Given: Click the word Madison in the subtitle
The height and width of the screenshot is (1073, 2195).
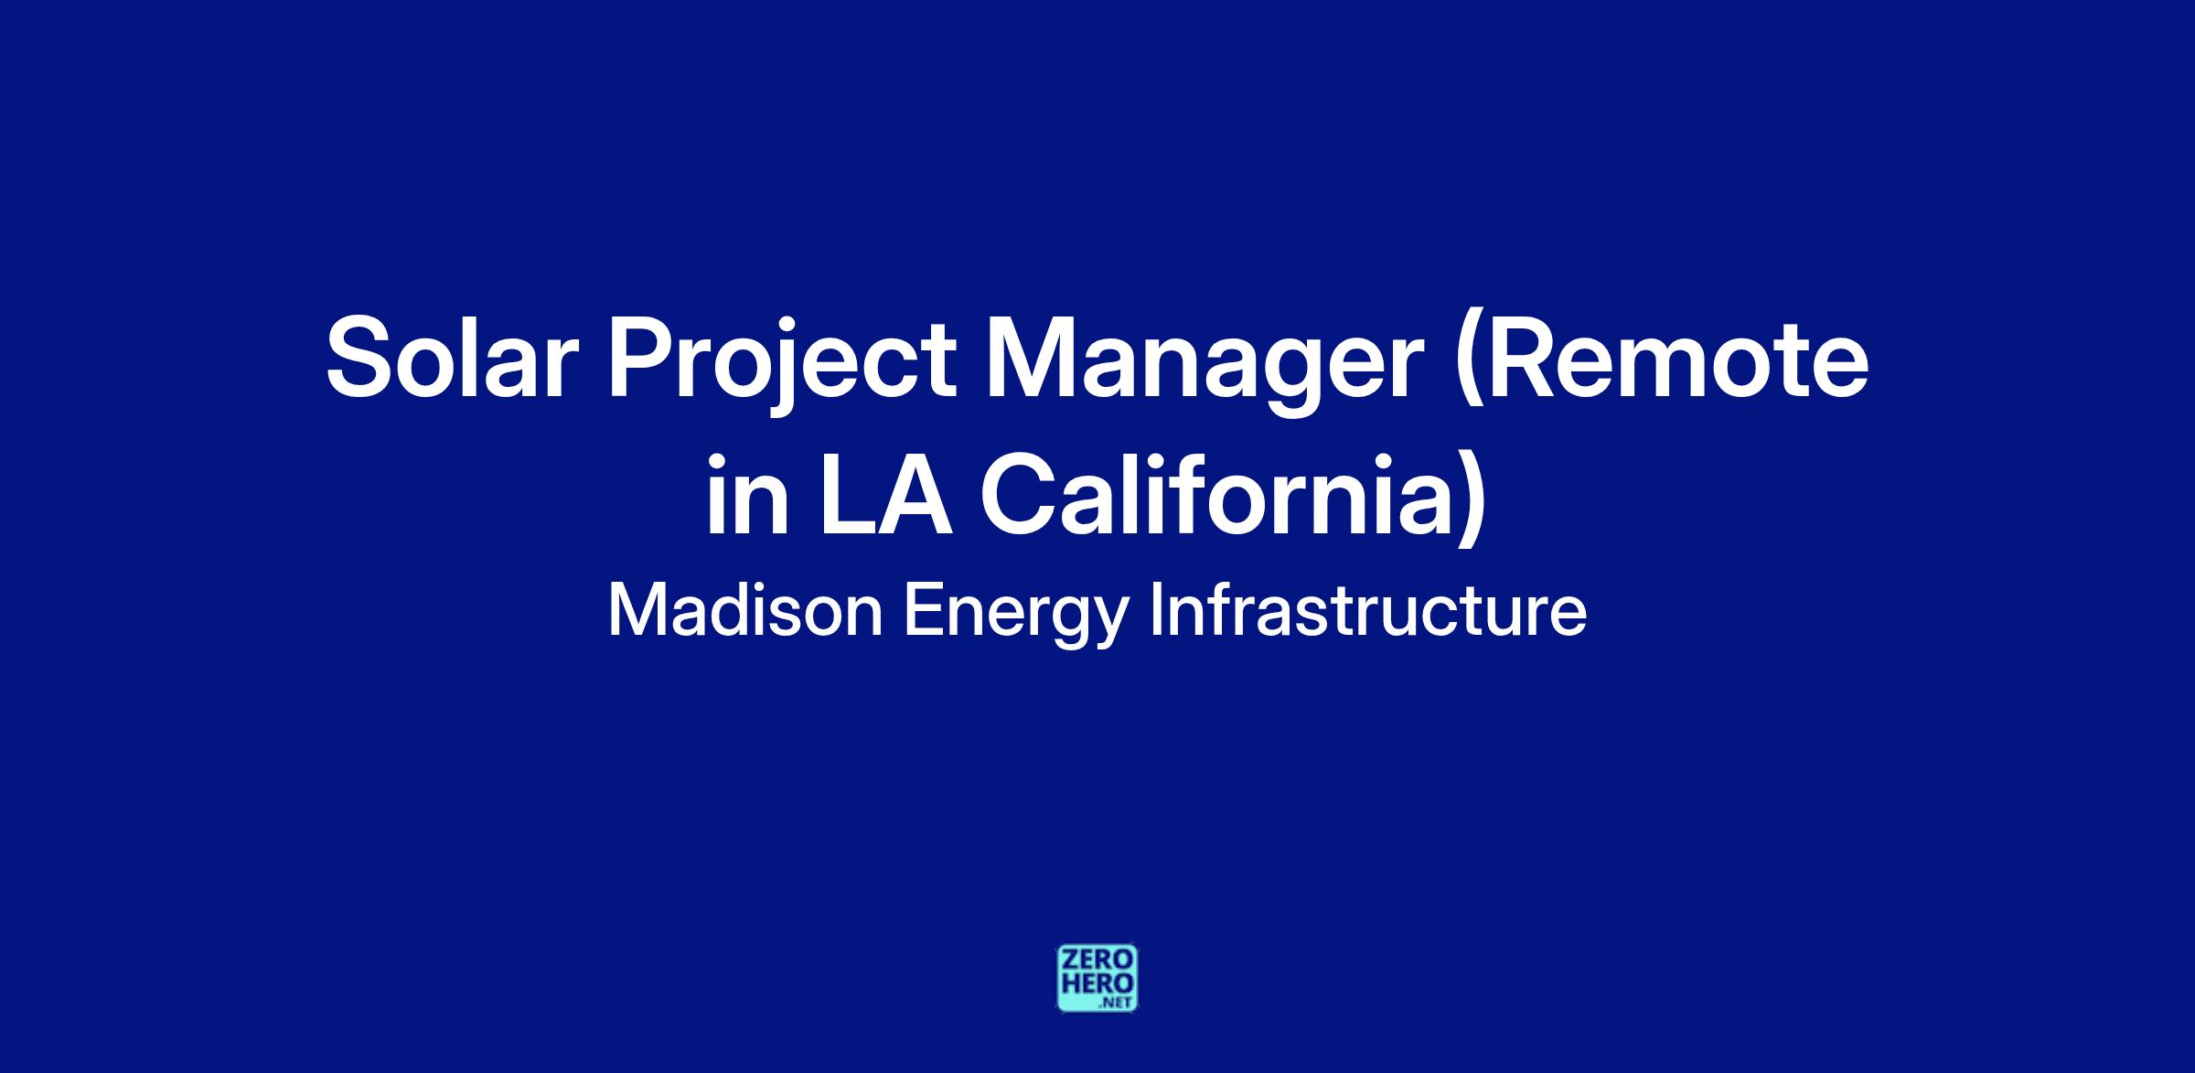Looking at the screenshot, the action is [x=745, y=612].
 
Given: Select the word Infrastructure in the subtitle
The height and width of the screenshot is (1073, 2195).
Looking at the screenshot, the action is [x=1367, y=611].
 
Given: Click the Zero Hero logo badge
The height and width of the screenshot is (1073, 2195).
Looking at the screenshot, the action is [x=1097, y=978].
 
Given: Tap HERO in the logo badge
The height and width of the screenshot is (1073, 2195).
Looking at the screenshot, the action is [x=1097, y=983].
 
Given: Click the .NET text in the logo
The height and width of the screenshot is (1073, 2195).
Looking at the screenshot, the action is [x=1118, y=1003].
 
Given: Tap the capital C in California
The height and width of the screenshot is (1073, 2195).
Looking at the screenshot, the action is [x=1021, y=495].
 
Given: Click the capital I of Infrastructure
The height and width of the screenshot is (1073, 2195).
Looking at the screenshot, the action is [x=1154, y=611].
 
